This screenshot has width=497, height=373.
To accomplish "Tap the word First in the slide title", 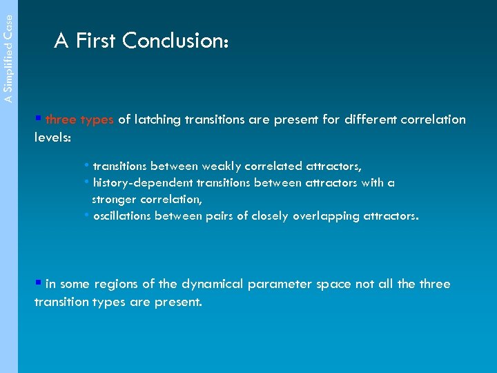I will point(96,41).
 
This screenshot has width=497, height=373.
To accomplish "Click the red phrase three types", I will point(79,119).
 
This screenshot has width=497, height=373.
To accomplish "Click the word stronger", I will point(115,200).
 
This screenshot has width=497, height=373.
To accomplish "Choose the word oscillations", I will point(121,216).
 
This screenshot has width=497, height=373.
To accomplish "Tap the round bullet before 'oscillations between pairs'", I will point(86,216).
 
